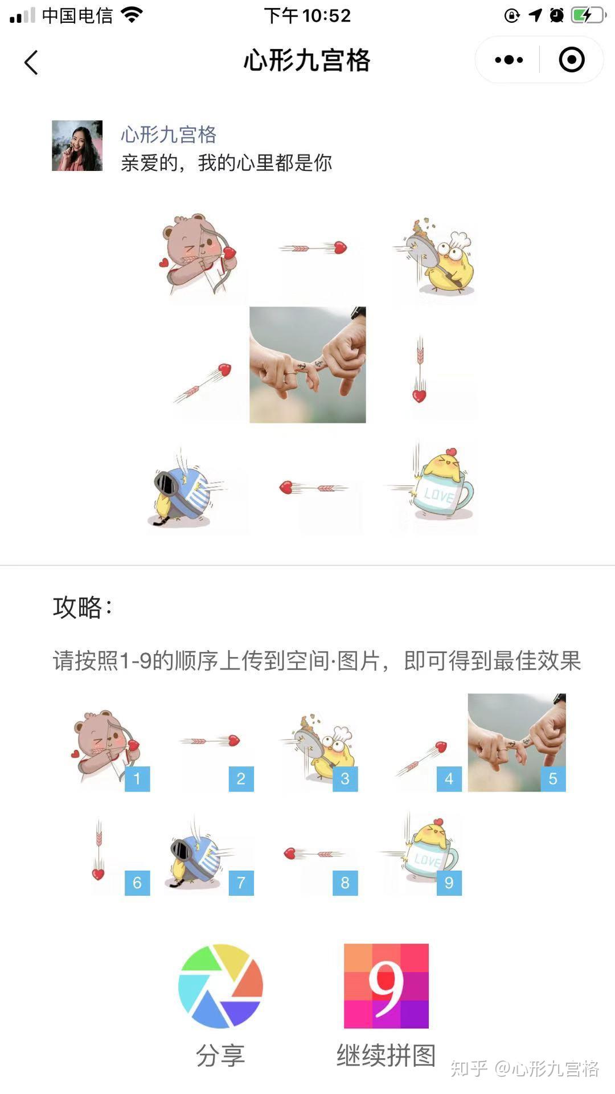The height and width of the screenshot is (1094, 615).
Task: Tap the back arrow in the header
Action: click(x=31, y=62)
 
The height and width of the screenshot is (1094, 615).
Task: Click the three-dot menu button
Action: click(x=509, y=60)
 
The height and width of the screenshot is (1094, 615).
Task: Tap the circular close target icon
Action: click(x=572, y=60)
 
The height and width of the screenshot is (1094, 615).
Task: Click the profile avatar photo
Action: click(x=77, y=145)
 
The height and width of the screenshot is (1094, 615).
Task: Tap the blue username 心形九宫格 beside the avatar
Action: click(x=169, y=134)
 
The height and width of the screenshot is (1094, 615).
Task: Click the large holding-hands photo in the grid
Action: click(x=307, y=365)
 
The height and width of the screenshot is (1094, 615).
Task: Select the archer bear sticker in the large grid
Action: click(x=199, y=254)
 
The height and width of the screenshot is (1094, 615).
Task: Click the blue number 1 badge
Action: click(x=137, y=779)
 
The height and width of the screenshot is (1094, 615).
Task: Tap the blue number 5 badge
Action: click(x=553, y=779)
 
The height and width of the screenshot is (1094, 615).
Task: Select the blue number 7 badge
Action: click(x=241, y=883)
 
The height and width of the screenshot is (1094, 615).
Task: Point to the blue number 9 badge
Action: click(x=449, y=883)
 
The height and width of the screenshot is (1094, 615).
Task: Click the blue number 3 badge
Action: click(x=345, y=779)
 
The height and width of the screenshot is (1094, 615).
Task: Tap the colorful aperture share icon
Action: click(x=220, y=986)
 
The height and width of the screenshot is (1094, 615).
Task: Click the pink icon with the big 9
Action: click(x=386, y=986)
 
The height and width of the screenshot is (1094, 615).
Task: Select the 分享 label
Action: click(x=220, y=1056)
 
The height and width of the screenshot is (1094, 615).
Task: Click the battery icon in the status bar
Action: click(x=588, y=15)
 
